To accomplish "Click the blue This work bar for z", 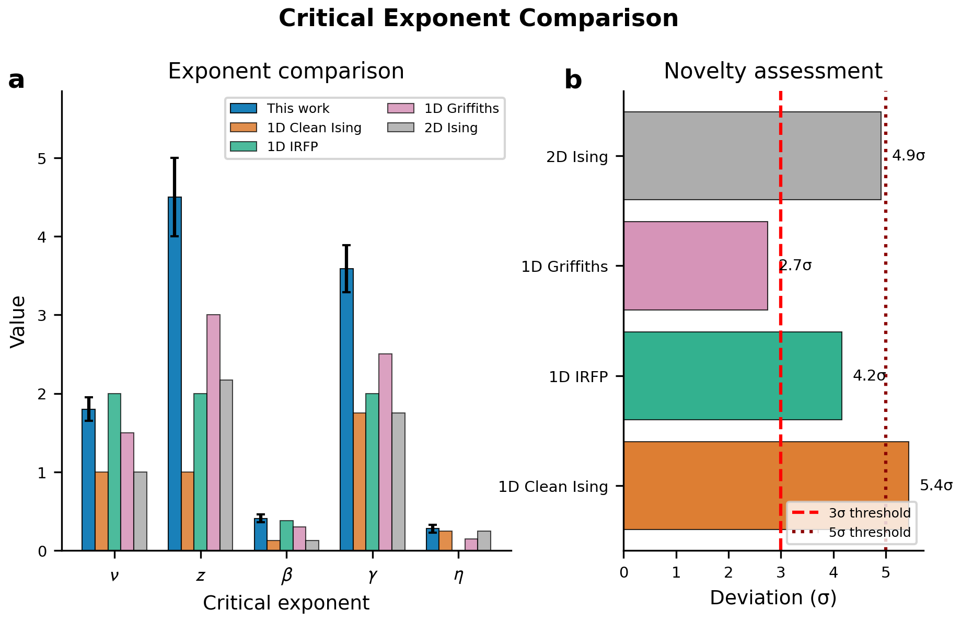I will [175, 373].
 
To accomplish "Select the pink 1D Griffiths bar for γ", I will [385, 452].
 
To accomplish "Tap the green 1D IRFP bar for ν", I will [114, 471].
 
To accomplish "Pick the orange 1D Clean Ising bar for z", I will [187, 511].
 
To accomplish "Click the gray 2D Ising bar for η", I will [484, 540].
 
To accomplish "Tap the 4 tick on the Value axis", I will [42, 237].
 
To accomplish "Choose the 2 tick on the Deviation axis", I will [728, 573].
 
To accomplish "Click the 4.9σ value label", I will [908, 156].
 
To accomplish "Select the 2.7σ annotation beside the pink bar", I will [795, 266].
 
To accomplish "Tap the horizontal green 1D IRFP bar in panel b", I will [732, 375].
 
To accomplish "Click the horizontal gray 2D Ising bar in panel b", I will [752, 156].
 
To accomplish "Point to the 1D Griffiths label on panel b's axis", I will [564, 267].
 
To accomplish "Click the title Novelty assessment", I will [773, 71].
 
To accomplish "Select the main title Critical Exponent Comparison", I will [478, 19].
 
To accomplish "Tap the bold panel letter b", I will [573, 80].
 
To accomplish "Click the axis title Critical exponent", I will [286, 603].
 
